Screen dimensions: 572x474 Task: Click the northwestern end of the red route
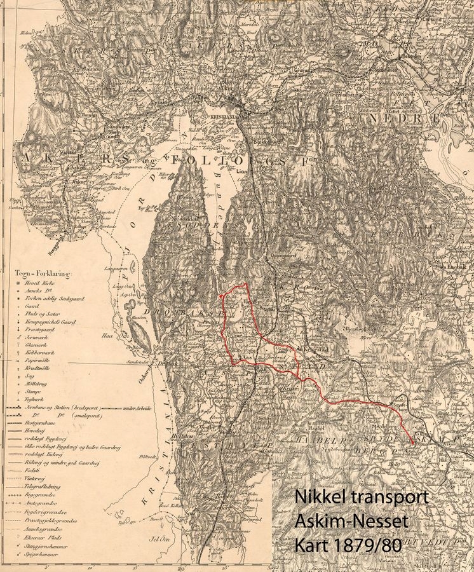click(x=220, y=296)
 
